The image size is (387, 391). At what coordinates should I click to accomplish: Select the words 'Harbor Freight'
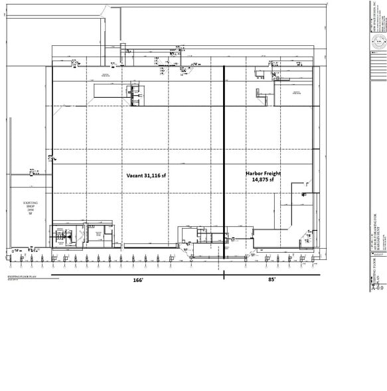coord(264,174)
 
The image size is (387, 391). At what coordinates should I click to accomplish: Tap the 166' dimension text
coord(137,280)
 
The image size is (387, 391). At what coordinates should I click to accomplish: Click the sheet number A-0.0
coord(377,288)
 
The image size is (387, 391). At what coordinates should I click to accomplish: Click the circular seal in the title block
coord(378,45)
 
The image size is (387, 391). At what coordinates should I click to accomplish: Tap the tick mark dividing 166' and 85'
coord(224,274)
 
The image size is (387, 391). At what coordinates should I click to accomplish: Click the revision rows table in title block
coord(378,253)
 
